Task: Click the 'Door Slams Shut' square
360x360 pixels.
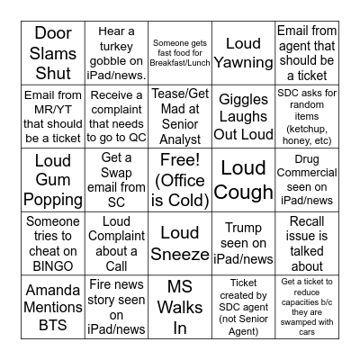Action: tap(53, 53)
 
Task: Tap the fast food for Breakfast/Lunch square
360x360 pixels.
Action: tap(180, 53)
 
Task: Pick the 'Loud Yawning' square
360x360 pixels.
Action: tap(243, 53)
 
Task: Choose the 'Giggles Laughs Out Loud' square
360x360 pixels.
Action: tap(243, 117)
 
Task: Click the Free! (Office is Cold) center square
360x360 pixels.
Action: tap(180, 180)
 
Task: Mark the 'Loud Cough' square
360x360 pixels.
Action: tap(243, 180)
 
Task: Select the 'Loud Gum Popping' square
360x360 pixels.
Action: tap(53, 180)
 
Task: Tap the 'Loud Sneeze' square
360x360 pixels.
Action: tap(180, 244)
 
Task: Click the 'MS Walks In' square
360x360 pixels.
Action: tap(180, 307)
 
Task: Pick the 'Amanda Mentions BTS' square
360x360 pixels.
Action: tap(53, 307)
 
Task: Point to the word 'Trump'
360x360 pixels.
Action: tap(243, 229)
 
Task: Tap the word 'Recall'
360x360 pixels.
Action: tap(307, 221)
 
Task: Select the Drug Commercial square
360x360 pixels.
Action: tap(307, 180)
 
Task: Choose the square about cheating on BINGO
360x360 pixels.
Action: tap(53, 244)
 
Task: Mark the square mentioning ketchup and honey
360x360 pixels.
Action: tap(307, 117)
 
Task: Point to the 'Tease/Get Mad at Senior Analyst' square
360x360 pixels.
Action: tap(180, 117)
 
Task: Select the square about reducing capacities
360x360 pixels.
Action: tap(307, 307)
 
